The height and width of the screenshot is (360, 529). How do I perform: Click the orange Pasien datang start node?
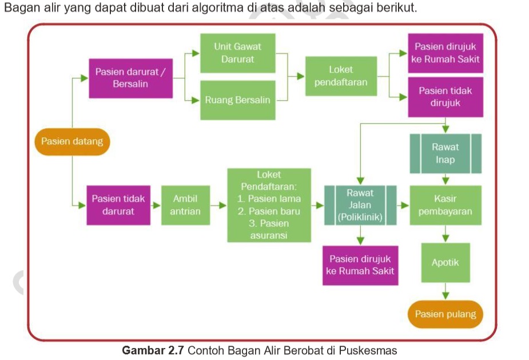[72, 141]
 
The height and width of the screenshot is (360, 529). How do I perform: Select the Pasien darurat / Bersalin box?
[130, 78]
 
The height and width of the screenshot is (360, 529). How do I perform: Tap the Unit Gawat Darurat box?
[237, 52]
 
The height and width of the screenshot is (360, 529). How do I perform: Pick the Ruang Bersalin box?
[237, 100]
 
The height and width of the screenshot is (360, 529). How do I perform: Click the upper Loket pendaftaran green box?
[341, 76]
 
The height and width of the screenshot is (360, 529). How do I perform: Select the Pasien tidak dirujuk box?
[446, 97]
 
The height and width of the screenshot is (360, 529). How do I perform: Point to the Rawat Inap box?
[445, 153]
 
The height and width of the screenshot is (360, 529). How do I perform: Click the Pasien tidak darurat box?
[118, 205]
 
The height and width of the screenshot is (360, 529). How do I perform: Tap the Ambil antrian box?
[185, 205]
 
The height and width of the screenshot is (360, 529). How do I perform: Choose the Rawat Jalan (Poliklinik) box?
[360, 205]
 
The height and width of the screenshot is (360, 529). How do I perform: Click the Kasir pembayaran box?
[445, 205]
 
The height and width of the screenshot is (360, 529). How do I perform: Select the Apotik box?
[445, 263]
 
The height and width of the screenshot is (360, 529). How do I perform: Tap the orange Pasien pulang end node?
[445, 314]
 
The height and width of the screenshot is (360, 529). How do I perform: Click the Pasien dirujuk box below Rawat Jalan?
[360, 265]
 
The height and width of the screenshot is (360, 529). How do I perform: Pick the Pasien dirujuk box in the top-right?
[446, 53]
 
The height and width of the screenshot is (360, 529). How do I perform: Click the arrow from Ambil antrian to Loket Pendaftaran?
[217, 205]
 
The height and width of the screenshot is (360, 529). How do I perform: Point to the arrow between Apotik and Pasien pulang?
[446, 292]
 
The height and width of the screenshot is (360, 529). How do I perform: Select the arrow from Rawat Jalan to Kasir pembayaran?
[403, 205]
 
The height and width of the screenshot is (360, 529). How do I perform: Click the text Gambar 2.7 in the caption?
[153, 350]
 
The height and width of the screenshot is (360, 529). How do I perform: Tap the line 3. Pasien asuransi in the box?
[269, 229]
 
